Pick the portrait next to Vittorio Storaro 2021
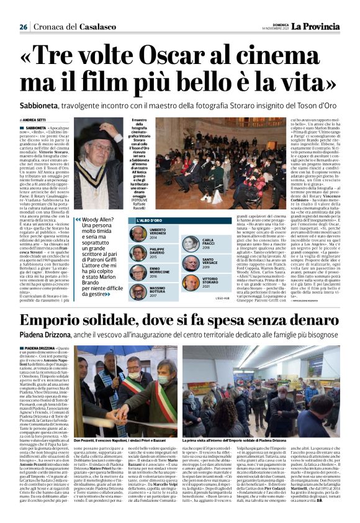pos(190,282)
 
